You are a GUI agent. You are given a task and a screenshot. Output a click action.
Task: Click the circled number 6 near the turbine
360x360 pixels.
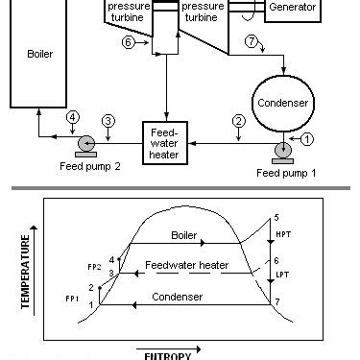[129, 41]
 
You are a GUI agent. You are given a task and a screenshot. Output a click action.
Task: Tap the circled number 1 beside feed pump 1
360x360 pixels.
[306, 138]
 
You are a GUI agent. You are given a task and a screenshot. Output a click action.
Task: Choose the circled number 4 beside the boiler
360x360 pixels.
[72, 118]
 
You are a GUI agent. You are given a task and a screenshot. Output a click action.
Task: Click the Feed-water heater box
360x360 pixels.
[169, 140]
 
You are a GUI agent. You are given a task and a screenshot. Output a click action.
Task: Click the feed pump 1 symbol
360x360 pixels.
[284, 151]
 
